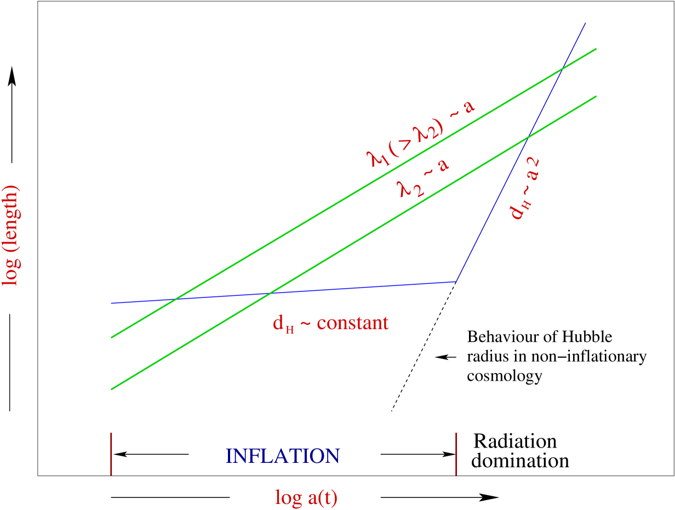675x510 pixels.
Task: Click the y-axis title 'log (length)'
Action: tap(11, 236)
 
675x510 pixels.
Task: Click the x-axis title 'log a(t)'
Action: tap(306, 497)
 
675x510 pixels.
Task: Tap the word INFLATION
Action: tap(283, 456)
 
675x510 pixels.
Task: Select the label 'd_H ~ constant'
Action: tap(331, 323)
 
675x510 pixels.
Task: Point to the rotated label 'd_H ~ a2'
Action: tap(525, 189)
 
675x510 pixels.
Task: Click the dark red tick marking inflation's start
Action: tap(111, 454)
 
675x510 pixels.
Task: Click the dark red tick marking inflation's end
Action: tap(456, 454)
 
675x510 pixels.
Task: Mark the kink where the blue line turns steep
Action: tap(456, 282)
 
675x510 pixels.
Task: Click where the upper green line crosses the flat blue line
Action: tap(175, 299)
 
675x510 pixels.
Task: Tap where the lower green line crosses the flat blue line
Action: tap(268, 294)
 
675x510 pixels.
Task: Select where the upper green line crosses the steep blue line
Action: tap(562, 70)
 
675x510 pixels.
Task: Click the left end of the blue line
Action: tap(111, 303)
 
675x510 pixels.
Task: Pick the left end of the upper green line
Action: tap(111, 338)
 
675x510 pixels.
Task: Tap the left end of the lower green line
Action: tap(111, 389)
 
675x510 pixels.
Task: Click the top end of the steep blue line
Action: tap(586, 23)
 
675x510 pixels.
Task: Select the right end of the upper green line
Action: tap(596, 49)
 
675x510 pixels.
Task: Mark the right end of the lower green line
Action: tap(596, 96)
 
